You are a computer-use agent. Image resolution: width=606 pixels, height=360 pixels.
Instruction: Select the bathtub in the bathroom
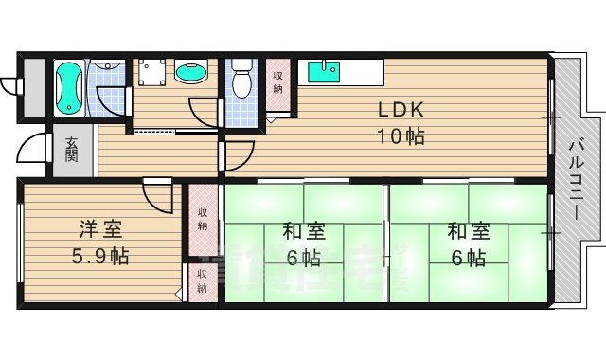pos(68,87)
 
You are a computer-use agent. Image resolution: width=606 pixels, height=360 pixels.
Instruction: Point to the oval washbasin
pos(191,72)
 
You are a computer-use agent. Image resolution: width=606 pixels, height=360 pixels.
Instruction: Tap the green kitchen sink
pos(325,68)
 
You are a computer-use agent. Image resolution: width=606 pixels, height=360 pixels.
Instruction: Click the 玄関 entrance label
pos(72,150)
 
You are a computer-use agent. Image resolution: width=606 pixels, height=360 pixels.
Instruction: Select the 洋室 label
pos(98,229)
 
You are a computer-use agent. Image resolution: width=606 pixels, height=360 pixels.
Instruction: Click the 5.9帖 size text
pos(98,256)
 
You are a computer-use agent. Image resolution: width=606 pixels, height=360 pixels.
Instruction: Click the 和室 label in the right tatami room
pos(468,230)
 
